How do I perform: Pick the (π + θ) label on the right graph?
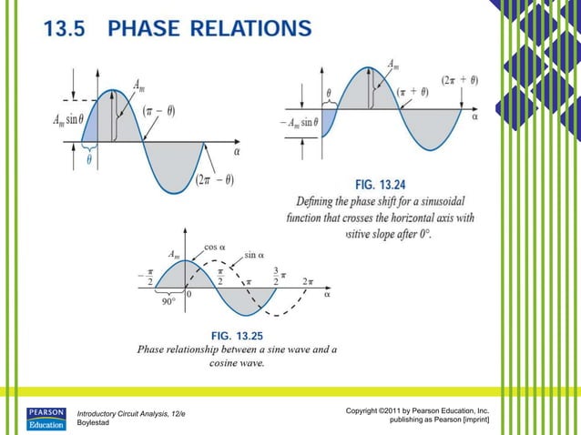(416, 92)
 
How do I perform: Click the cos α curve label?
(214, 247)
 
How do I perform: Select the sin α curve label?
(254, 256)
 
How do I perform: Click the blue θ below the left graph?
(89, 157)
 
